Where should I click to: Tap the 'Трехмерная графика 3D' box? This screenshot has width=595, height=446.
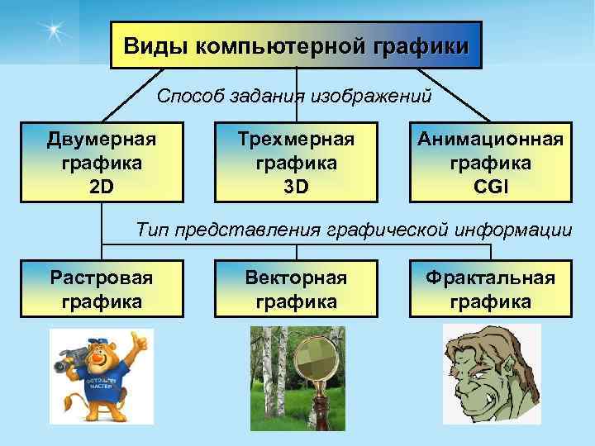[296, 163]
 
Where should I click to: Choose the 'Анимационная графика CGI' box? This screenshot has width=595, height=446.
[490, 163]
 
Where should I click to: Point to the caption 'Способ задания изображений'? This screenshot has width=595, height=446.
[294, 97]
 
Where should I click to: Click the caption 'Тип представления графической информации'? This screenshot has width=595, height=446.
[354, 229]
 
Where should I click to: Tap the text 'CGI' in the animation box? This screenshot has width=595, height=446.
[490, 187]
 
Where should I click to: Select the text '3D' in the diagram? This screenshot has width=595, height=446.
[296, 187]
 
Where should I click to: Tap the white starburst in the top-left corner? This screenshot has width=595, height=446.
[54, 31]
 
